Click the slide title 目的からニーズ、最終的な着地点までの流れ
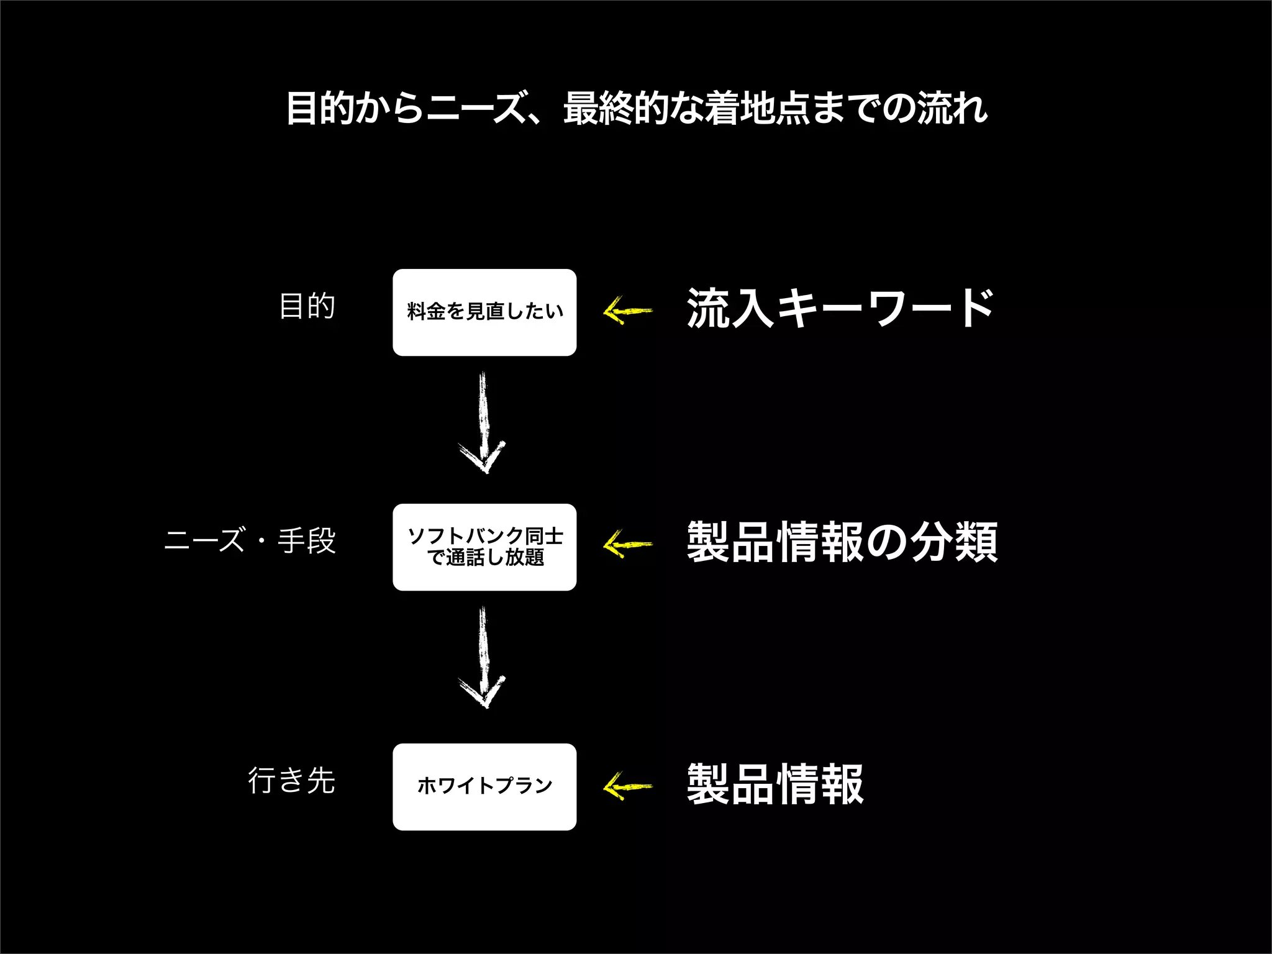point(636,109)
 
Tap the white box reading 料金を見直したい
point(484,312)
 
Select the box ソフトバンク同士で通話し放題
point(484,547)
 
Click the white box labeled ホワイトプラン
point(484,786)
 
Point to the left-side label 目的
point(307,306)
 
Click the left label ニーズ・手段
point(250,540)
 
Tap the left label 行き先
point(291,780)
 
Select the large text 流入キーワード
point(840,308)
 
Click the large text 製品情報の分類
point(842,542)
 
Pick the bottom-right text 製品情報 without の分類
point(775,784)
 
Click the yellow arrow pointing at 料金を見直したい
point(627,310)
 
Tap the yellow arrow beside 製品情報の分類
point(627,545)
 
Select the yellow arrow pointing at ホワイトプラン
point(627,786)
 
